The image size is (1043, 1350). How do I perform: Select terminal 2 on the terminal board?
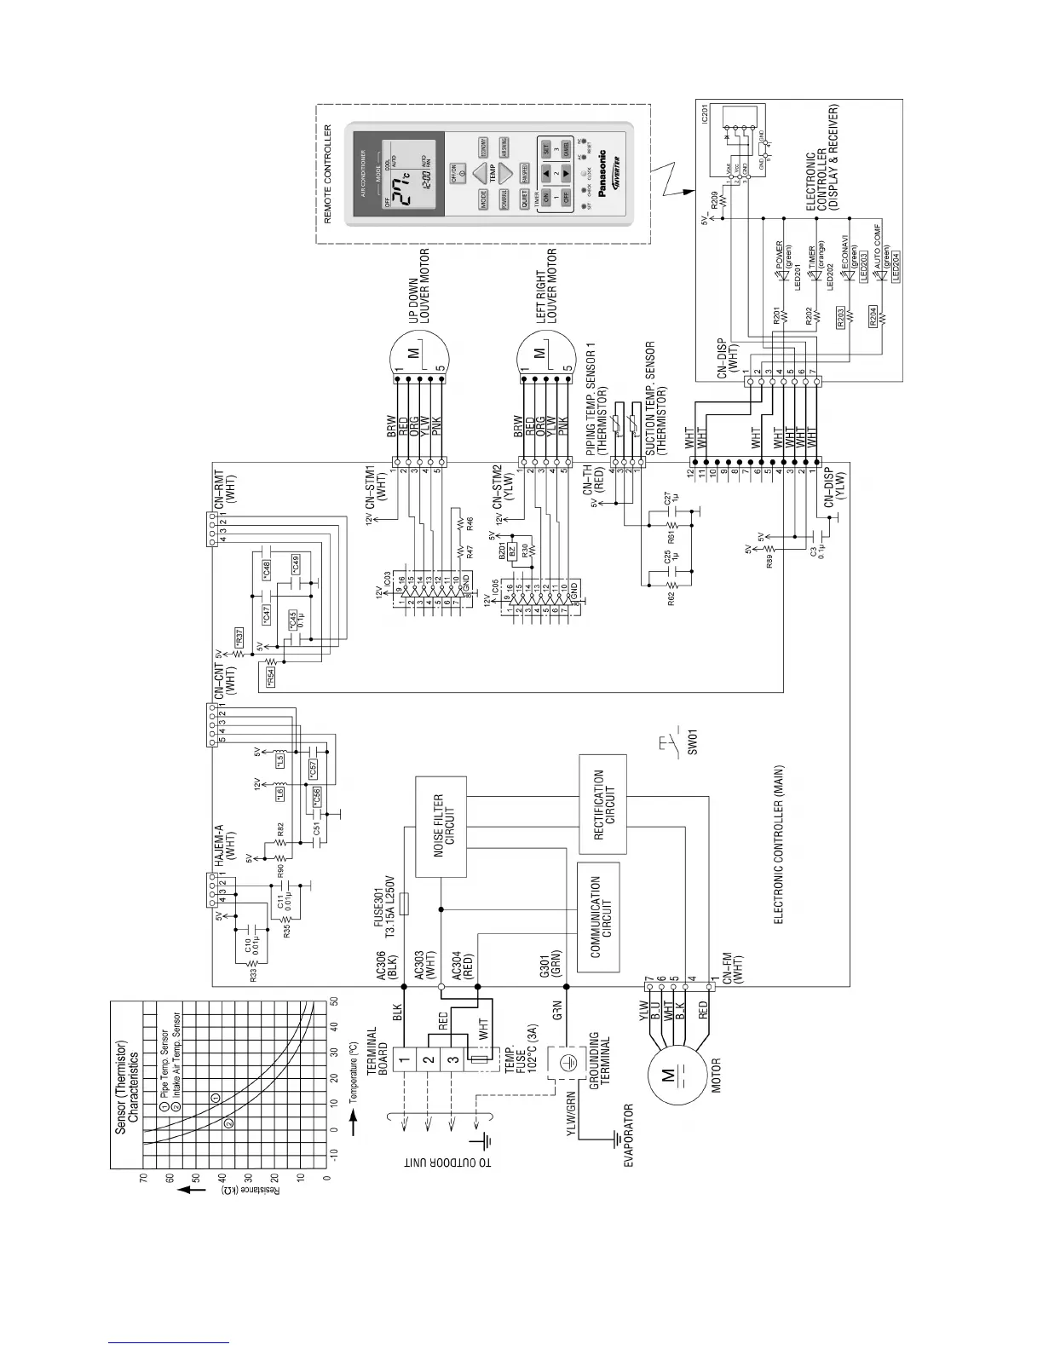pos(429,1059)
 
